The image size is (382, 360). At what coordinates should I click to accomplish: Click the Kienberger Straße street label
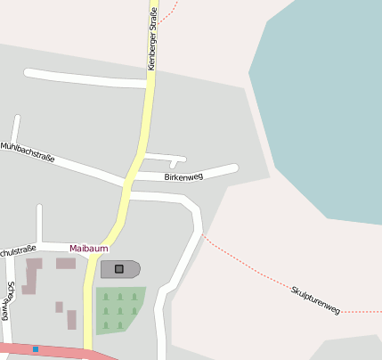tap(152, 38)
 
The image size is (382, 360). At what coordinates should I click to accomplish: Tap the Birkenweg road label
tap(183, 176)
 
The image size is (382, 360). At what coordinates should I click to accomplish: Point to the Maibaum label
tap(88, 248)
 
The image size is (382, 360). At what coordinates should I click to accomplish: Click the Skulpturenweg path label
tap(315, 299)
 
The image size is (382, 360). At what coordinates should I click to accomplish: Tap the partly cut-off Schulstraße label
tap(18, 250)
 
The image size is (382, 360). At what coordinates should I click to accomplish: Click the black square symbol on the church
tap(119, 268)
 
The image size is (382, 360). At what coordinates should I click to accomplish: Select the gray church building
tap(130, 268)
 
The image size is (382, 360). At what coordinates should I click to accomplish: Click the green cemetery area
tap(118, 310)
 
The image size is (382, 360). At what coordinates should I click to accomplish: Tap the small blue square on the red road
tap(36, 349)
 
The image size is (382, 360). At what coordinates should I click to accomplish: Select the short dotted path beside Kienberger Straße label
tap(170, 12)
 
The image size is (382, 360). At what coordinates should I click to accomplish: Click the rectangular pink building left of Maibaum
tap(66, 264)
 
